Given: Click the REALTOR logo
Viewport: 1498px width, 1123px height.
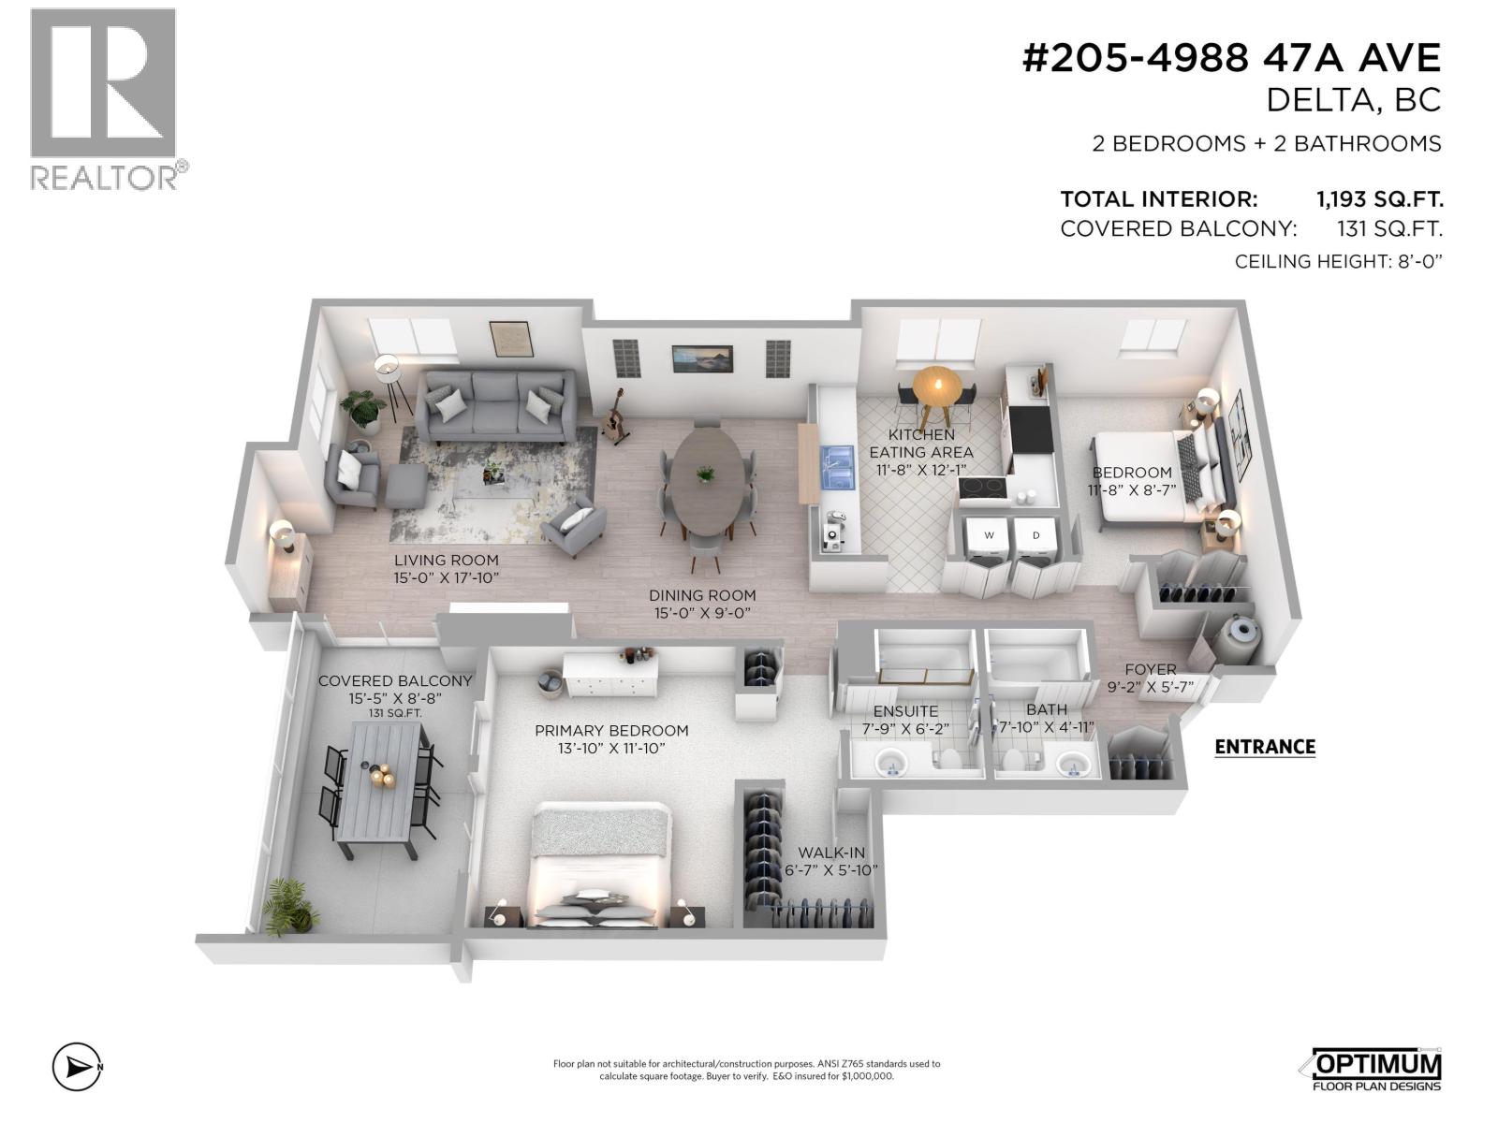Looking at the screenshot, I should point(103,98).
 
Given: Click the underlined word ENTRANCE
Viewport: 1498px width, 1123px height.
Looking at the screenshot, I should point(1264,747).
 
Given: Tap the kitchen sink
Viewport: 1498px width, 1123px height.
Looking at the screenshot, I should point(838,468).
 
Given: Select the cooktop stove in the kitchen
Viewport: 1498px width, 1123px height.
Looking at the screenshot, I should point(982,488).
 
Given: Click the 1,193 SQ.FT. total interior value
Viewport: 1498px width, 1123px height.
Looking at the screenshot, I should point(1379,199).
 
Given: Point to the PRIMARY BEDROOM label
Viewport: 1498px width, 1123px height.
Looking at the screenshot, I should point(611,731).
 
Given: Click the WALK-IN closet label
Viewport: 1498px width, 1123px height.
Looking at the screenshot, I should point(830,853).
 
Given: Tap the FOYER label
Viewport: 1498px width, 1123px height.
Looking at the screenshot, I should point(1150,669).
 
